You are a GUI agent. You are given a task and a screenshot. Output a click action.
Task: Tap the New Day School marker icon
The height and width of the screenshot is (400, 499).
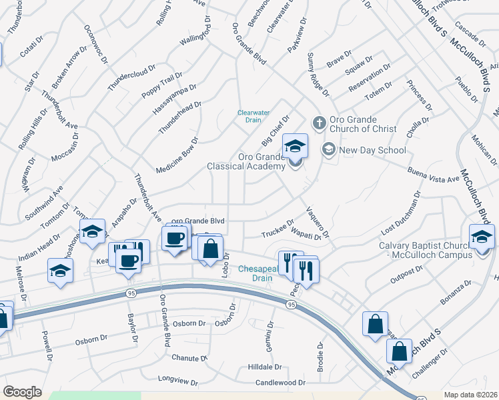click(328, 149)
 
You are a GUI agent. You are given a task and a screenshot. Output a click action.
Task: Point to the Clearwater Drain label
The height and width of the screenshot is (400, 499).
click(250, 116)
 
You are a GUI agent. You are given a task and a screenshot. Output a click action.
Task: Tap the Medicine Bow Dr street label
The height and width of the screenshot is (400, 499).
click(177, 155)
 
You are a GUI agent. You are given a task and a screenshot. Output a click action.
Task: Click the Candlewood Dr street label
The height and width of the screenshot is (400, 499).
click(280, 383)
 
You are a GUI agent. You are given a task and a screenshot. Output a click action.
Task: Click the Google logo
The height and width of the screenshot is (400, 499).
click(22, 392)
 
